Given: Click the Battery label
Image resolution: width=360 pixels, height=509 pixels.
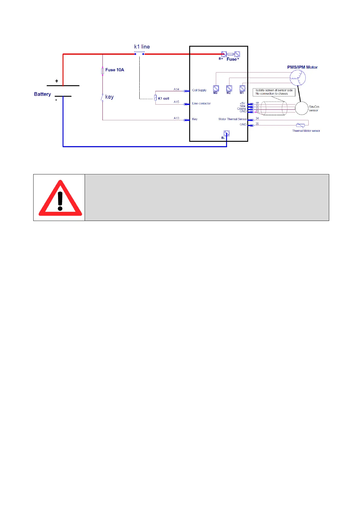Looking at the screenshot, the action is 42,94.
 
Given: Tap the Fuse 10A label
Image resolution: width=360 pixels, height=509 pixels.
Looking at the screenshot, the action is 115,70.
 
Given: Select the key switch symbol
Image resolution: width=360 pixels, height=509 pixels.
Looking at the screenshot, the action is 102,97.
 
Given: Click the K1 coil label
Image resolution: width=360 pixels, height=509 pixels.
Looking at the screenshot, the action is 164,98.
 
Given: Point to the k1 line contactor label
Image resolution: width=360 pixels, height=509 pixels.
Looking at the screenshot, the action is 142,47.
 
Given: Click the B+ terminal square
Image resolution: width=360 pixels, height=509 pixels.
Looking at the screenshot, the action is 224,54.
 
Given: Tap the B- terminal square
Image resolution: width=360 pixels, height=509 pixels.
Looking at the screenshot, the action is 227,133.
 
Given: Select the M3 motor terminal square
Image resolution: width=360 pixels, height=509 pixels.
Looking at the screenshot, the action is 216,88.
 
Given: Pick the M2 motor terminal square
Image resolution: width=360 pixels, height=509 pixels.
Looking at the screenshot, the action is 229,88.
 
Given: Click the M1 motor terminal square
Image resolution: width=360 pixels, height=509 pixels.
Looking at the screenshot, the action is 242,88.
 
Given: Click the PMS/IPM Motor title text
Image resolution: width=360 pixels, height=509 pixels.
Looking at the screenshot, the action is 302,67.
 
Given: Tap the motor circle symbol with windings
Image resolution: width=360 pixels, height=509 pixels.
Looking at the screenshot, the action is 298,78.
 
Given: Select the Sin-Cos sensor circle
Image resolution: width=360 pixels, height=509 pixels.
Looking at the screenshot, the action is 301,108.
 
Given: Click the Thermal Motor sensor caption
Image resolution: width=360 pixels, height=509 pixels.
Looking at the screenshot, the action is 306,131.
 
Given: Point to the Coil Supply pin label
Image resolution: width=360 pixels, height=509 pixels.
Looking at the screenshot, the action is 199,90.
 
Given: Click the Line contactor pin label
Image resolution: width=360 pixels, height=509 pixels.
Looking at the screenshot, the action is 201,103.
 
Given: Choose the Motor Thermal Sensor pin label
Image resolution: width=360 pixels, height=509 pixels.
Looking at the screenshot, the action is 232,119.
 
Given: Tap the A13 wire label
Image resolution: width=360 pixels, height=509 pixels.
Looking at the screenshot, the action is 177,118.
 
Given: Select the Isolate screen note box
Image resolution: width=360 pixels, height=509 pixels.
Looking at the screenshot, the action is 274,92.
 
